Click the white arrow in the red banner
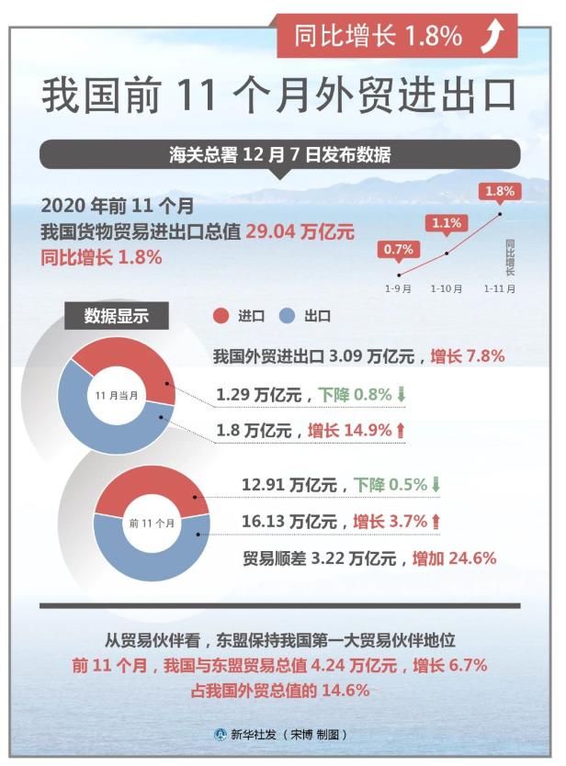pyautogui.click(x=492, y=35)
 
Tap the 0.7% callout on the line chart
pyautogui.click(x=399, y=250)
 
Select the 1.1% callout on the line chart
pyautogui.click(x=447, y=224)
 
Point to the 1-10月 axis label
pyautogui.click(x=447, y=288)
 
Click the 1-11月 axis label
pyautogui.click(x=500, y=288)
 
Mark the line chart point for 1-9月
pyautogui.click(x=399, y=275)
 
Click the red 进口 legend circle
pyautogui.click(x=221, y=316)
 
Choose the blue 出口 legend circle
pyautogui.click(x=287, y=316)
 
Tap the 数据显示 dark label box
pyautogui.click(x=117, y=316)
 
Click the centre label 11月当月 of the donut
pyautogui.click(x=117, y=395)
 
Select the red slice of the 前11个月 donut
pyautogui.click(x=152, y=490)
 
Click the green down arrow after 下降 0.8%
pyautogui.click(x=402, y=394)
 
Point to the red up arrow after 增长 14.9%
pyautogui.click(x=401, y=431)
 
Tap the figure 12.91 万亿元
pyautogui.click(x=289, y=485)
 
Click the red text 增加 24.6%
pyautogui.click(x=455, y=558)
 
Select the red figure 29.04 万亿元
pyautogui.click(x=300, y=231)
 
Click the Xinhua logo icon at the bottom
pyautogui.click(x=221, y=734)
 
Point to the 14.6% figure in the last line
pyautogui.click(x=345, y=691)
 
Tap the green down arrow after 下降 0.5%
pyautogui.click(x=436, y=485)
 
